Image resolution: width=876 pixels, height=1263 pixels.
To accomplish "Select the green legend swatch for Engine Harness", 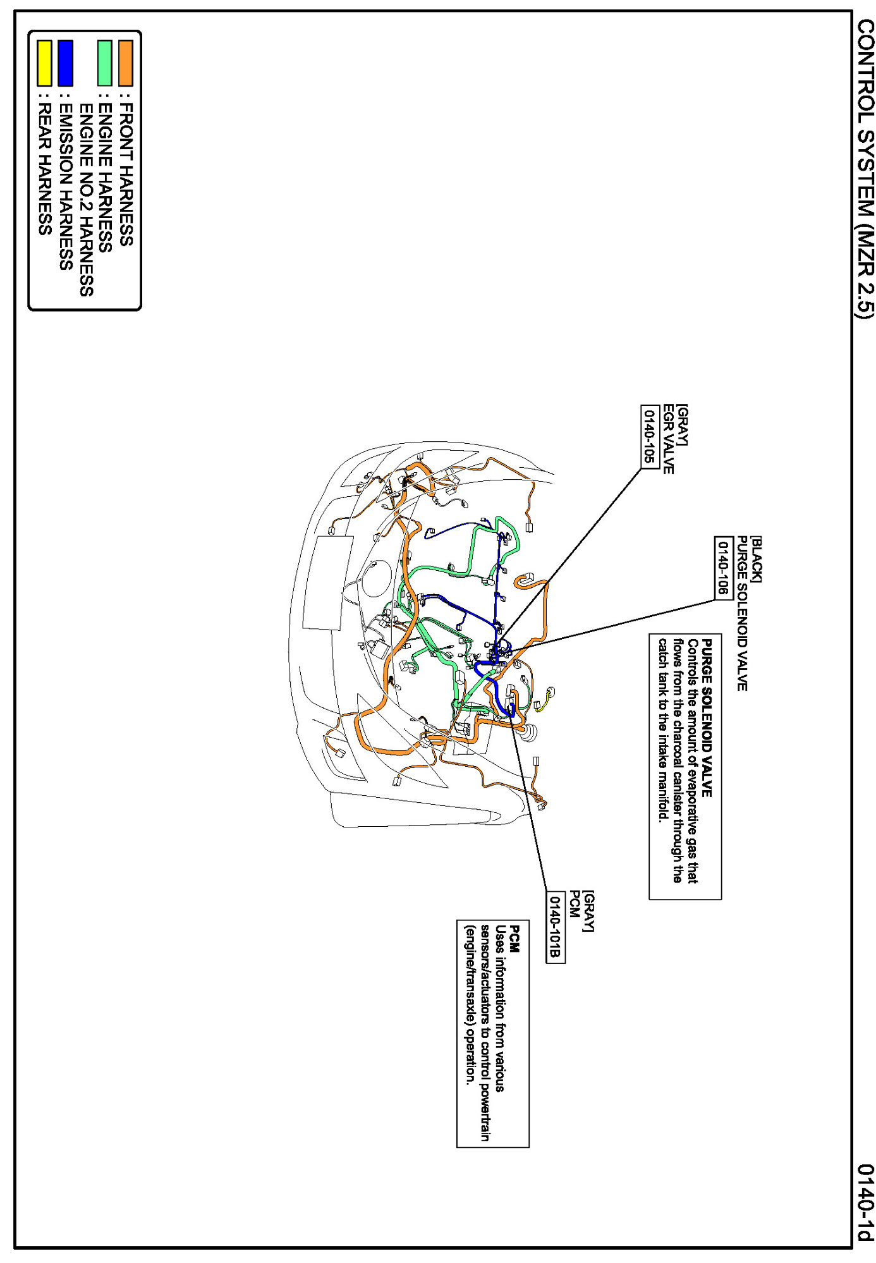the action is pos(105,63).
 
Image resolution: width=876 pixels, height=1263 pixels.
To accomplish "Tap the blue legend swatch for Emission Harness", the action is pos(65,63).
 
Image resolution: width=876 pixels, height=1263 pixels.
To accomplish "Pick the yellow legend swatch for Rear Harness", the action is pos(44,63).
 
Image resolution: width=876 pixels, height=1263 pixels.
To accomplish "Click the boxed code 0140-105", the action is pos(650,436).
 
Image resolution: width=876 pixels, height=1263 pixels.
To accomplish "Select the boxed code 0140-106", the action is pos(723,567).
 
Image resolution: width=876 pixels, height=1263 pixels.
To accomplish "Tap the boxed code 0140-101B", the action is pos(555,927).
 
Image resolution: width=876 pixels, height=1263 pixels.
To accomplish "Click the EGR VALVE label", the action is pos(668,439).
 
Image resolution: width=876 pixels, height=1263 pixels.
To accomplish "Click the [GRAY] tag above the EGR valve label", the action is pos(682,425).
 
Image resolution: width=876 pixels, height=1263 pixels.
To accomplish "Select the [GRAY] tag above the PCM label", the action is pos(588,911).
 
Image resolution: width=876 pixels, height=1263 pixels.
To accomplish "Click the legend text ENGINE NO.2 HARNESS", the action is pos(86,200).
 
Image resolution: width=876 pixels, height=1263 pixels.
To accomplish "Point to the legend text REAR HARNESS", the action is pos(44,169).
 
